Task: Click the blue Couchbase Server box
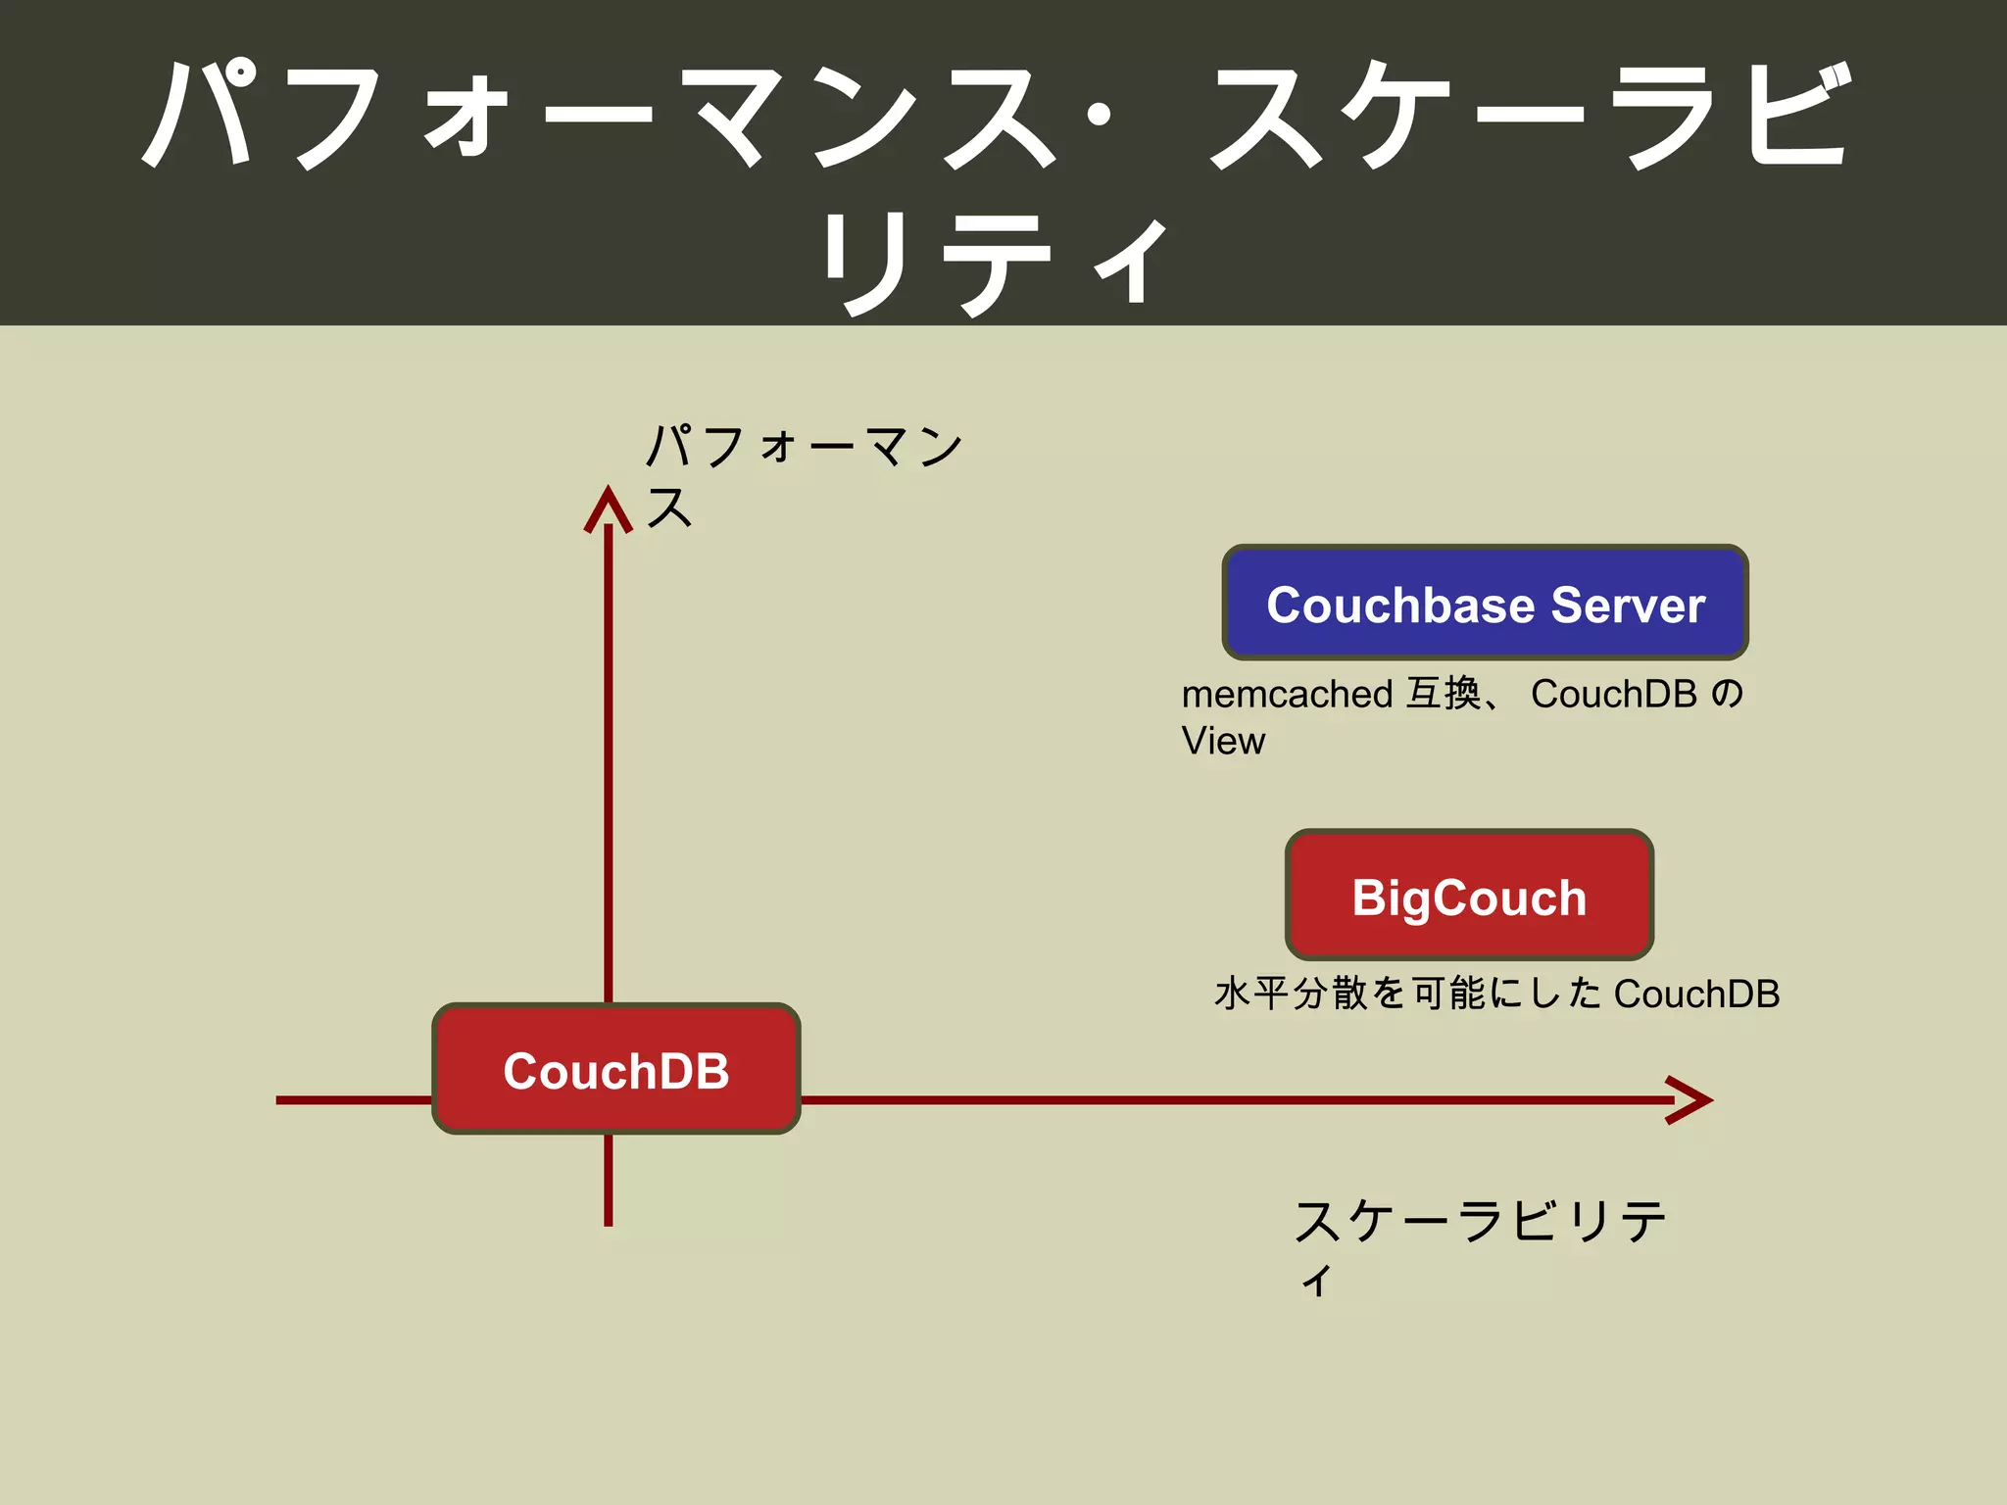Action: (x=1485, y=602)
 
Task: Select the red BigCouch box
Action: (x=1469, y=895)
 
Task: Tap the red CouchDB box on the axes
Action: (x=616, y=1068)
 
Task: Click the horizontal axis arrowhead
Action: (x=1689, y=1100)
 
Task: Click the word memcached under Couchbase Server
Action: (x=1287, y=694)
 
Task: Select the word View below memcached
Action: (x=1223, y=741)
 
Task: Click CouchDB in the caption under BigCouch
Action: (x=1696, y=994)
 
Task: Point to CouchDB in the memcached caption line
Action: (x=1613, y=694)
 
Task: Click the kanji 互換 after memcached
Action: (x=1444, y=694)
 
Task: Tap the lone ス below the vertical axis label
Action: (x=669, y=508)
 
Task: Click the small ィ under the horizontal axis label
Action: (x=1318, y=1280)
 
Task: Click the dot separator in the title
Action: (x=1100, y=116)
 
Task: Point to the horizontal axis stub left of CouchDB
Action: (x=354, y=1100)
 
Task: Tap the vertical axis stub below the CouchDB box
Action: (x=609, y=1180)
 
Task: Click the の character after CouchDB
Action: (x=1728, y=694)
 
